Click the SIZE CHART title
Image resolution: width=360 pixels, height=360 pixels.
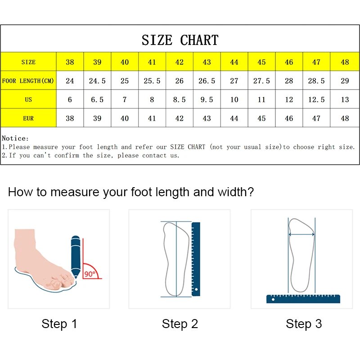pyautogui.click(x=180, y=40)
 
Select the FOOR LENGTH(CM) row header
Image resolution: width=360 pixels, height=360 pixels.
pyautogui.click(x=28, y=81)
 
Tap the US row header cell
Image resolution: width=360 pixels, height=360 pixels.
pyautogui.click(x=28, y=99)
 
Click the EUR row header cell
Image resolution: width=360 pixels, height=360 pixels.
pyautogui.click(x=28, y=118)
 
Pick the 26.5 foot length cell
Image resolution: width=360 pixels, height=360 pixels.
pyautogui.click(x=207, y=81)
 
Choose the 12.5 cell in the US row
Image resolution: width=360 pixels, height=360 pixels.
pyautogui.click(x=316, y=99)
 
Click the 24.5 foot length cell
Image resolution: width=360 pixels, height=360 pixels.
pyautogui.click(x=97, y=81)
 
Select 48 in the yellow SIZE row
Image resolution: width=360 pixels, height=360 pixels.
pyautogui.click(x=345, y=62)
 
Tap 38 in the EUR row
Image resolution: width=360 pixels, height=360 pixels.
pyautogui.click(x=70, y=118)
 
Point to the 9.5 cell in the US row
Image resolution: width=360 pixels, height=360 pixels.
pyautogui.click(x=207, y=99)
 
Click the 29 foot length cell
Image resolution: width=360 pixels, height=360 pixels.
pyautogui.click(x=345, y=81)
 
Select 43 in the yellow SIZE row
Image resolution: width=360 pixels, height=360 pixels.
pyautogui.click(x=207, y=62)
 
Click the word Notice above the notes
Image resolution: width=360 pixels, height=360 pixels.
pyautogui.click(x=15, y=139)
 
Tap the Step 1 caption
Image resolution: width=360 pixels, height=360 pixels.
pyautogui.click(x=59, y=324)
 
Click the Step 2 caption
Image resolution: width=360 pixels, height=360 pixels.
pyautogui.click(x=180, y=324)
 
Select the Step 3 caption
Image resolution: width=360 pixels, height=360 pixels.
pyautogui.click(x=304, y=324)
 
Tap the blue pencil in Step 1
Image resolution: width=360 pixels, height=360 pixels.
pyautogui.click(x=75, y=254)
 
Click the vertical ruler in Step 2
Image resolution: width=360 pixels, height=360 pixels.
pyautogui.click(x=196, y=259)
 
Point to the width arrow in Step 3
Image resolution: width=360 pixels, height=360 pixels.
pyautogui.click(x=301, y=234)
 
